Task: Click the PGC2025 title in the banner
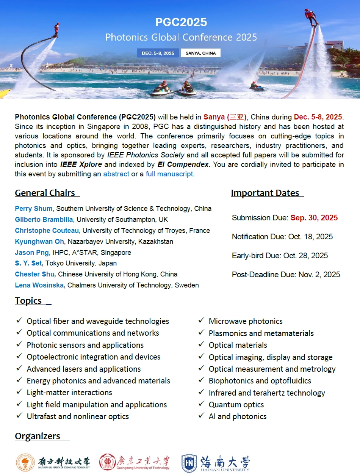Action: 181,22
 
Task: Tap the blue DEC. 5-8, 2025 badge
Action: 158,53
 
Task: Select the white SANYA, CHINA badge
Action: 200,53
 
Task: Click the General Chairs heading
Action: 45,193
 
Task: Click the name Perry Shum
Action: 34,209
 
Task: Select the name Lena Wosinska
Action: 39,285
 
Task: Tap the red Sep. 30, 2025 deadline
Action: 314,218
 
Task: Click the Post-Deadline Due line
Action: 286,275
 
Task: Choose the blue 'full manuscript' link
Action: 169,174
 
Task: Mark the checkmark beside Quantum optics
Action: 202,404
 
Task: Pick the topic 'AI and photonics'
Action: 237,416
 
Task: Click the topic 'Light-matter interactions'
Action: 69,393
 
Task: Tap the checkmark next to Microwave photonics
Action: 202,321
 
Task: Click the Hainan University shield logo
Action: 189,463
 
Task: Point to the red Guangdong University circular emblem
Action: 108,463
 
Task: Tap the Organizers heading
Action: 38,436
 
